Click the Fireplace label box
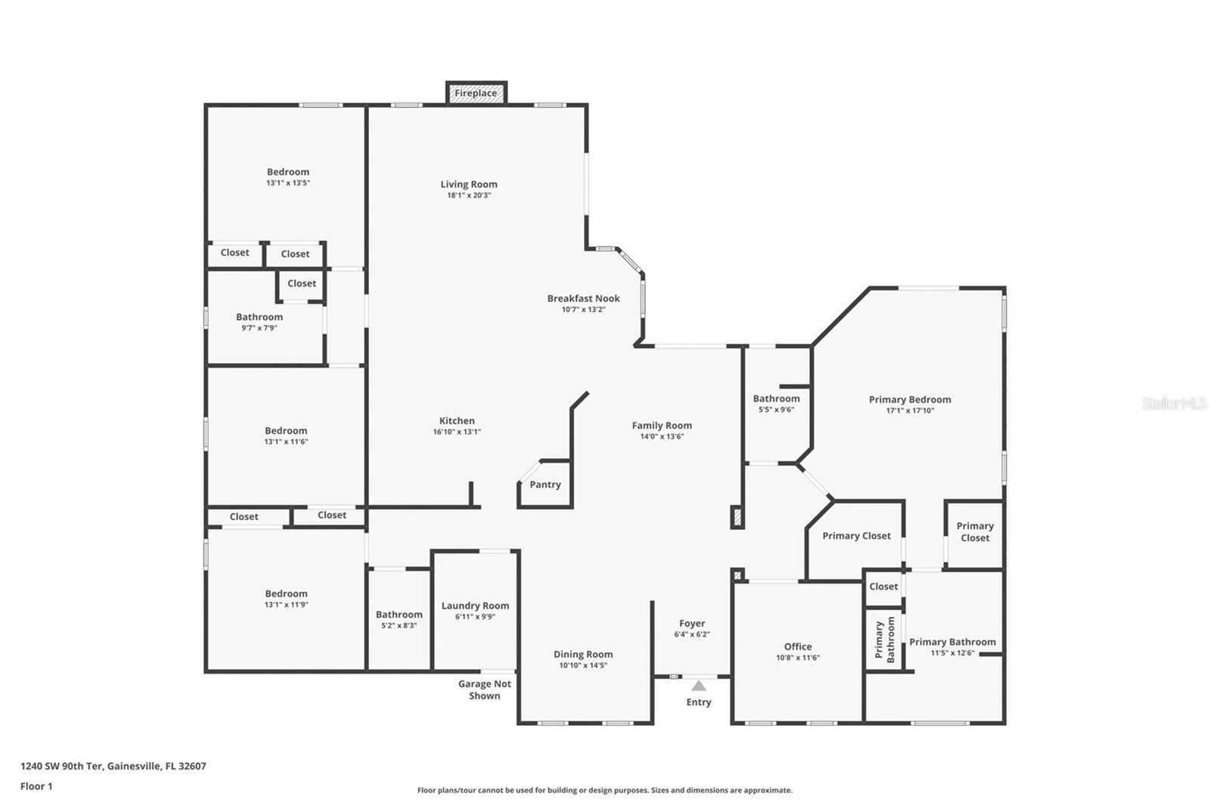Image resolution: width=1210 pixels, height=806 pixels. coord(476,93)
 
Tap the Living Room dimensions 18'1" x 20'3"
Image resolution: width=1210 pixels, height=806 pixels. coord(469,196)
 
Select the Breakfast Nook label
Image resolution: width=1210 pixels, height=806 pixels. coord(583,298)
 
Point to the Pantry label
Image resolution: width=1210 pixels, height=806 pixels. coord(545,485)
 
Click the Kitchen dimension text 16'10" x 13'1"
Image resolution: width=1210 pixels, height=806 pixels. coord(457,432)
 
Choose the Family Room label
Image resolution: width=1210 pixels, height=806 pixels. coord(662,426)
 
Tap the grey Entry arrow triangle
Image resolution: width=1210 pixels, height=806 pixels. coord(699,686)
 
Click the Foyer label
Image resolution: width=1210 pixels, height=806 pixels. coord(692,624)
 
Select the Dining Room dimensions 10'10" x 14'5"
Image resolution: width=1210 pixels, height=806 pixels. coord(583,665)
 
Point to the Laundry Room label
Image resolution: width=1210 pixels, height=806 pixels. coord(476,606)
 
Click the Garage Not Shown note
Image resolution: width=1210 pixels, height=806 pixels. coord(485,690)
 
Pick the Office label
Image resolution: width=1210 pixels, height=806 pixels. coord(798,646)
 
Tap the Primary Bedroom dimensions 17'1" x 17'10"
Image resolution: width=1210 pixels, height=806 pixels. coord(911,411)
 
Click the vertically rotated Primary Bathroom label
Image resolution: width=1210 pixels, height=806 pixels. coord(885,640)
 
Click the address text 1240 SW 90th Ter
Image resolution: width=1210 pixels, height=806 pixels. coord(61,766)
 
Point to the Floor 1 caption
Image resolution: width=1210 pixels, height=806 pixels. coord(36,786)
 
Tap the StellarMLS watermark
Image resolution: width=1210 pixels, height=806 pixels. coord(1174,403)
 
